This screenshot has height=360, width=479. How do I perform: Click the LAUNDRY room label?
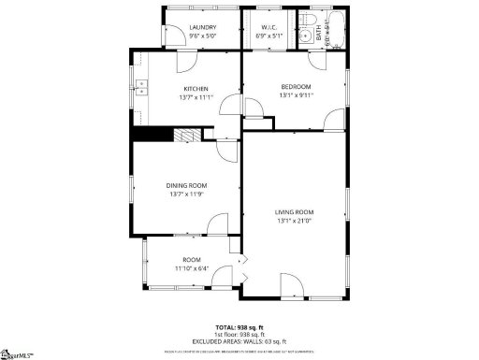(x=202, y=28)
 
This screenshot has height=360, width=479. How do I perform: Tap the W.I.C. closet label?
(x=267, y=28)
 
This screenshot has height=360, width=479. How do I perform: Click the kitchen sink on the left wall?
(x=141, y=91)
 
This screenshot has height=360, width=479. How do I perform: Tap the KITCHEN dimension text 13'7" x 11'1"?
(x=196, y=96)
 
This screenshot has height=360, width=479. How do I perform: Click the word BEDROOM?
(x=296, y=87)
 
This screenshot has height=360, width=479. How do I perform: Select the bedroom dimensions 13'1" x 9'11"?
(x=296, y=95)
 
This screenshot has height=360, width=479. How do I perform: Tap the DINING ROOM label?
(x=187, y=185)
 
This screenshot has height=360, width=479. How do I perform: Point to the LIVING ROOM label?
(x=294, y=212)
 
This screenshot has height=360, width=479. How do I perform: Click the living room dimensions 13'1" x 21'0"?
(x=294, y=222)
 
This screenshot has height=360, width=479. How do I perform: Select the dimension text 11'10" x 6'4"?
(x=192, y=268)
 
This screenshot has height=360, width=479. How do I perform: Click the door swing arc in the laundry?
(x=185, y=62)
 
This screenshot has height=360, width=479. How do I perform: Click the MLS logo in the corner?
(x=15, y=353)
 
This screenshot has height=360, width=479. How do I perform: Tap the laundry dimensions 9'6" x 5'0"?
(x=202, y=36)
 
